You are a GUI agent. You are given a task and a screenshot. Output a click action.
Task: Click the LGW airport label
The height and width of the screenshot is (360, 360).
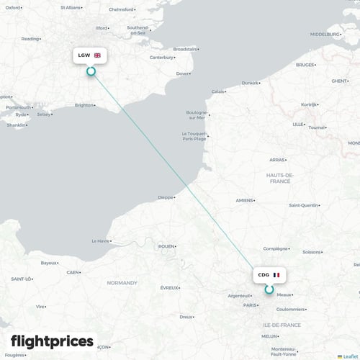tap(84, 55)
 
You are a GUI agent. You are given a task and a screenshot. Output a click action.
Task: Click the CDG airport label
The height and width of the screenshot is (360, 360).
tap(264, 274)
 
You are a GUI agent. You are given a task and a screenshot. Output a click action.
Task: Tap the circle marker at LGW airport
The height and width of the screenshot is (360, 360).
tap(91, 71)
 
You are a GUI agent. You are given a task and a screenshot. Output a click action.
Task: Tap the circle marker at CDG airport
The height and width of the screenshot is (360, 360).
tap(269, 289)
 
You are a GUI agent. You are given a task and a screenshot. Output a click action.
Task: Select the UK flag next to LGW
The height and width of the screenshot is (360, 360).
tap(97, 55)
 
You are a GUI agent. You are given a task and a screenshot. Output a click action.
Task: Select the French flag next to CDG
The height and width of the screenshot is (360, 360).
tap(276, 274)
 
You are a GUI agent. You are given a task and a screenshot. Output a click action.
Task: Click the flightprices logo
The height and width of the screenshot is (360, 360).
tap(52, 341)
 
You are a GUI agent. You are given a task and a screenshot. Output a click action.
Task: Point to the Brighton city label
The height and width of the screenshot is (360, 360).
tap(84, 105)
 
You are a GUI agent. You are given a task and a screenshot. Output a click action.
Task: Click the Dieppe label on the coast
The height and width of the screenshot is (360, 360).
tap(166, 197)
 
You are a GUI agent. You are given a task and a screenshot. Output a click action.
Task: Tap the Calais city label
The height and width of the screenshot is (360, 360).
tap(218, 91)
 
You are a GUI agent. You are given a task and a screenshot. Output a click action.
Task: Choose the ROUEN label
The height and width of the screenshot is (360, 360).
tap(166, 246)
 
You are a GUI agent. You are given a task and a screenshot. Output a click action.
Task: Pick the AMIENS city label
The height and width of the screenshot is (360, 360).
tap(245, 200)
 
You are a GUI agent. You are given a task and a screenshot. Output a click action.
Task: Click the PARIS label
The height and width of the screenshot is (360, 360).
tap(250, 305)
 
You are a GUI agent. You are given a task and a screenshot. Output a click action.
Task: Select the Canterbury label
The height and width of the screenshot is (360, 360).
tap(161, 57)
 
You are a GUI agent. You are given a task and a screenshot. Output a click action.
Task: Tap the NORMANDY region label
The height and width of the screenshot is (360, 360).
tap(122, 283)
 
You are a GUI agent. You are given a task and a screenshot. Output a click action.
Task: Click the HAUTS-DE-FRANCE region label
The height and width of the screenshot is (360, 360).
tap(280, 178)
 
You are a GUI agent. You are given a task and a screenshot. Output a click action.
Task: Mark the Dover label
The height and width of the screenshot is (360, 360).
tap(183, 73)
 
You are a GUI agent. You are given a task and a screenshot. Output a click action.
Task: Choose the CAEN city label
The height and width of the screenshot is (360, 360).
tap(73, 272)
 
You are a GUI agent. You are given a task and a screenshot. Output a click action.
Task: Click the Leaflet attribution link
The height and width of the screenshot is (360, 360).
tap(350, 356)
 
